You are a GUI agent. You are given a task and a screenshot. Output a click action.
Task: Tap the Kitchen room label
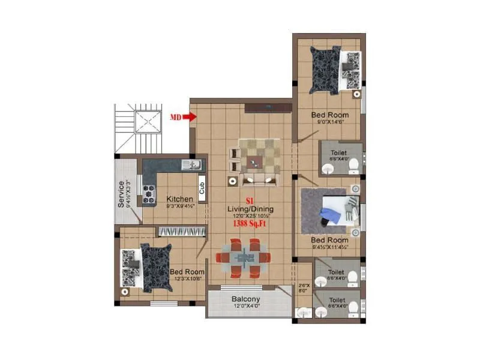click(x=180, y=199)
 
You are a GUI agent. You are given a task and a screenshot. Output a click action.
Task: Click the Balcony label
click(x=246, y=299)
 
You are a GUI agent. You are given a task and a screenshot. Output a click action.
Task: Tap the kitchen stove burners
click(x=148, y=191)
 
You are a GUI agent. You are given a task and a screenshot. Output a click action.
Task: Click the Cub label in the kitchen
click(x=202, y=188)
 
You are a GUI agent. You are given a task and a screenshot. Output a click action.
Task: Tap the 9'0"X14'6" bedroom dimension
click(x=329, y=122)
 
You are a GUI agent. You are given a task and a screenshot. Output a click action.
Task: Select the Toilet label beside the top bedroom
click(x=338, y=153)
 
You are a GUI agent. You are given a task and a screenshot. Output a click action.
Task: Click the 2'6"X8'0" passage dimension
click(x=303, y=287)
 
